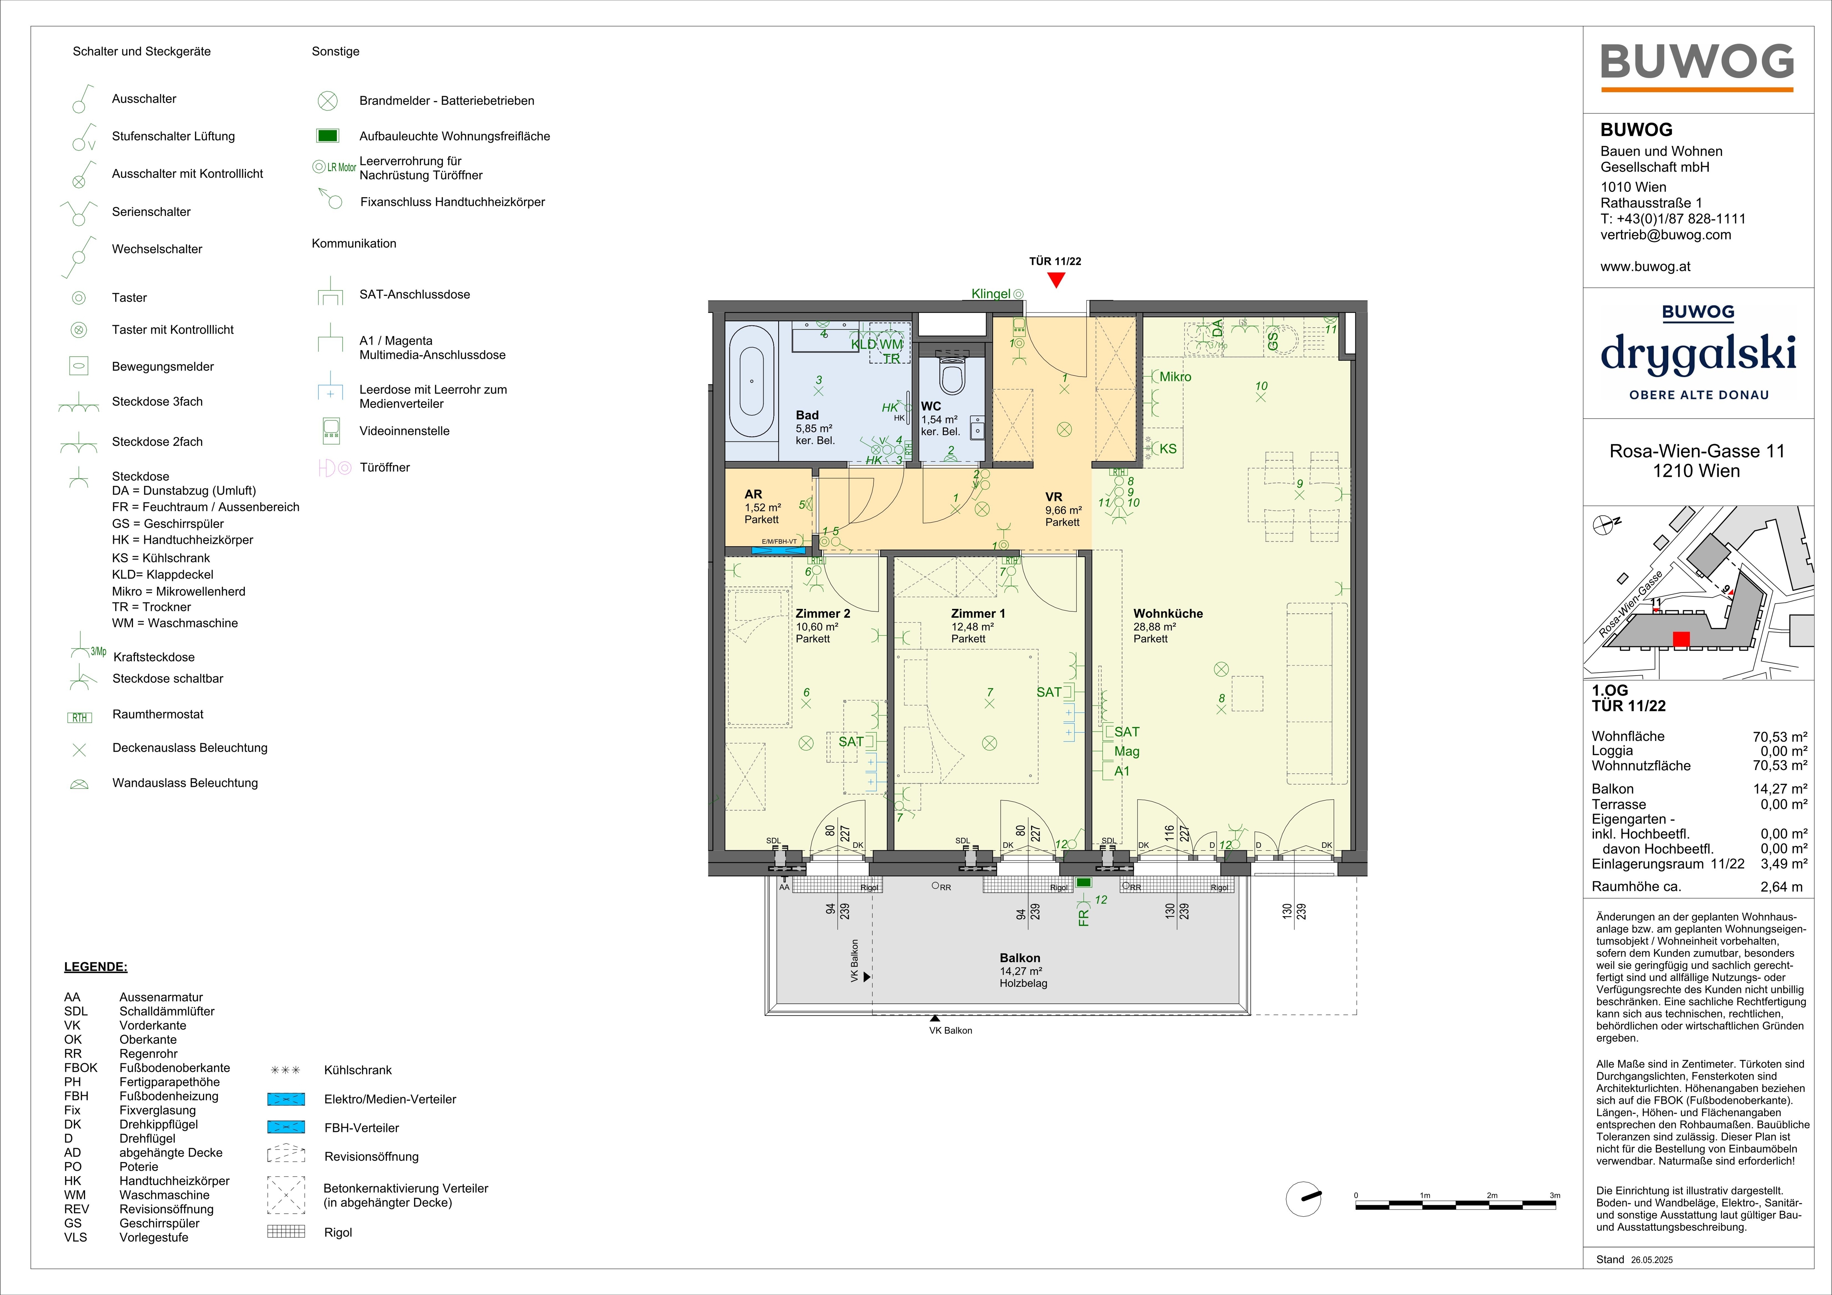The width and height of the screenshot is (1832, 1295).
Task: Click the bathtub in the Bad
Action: point(751,381)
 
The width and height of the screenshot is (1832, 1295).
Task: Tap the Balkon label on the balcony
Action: point(1020,958)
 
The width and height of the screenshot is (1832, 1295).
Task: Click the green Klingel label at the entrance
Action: point(991,294)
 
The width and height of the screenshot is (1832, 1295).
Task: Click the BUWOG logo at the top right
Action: point(1697,62)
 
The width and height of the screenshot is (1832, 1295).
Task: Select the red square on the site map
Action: point(1681,639)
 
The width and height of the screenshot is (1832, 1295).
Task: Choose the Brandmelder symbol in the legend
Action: point(327,100)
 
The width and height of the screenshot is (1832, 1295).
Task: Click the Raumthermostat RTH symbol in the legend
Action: point(80,717)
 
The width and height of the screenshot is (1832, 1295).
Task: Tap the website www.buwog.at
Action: point(1645,266)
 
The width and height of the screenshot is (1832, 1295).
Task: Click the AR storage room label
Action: point(753,494)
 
